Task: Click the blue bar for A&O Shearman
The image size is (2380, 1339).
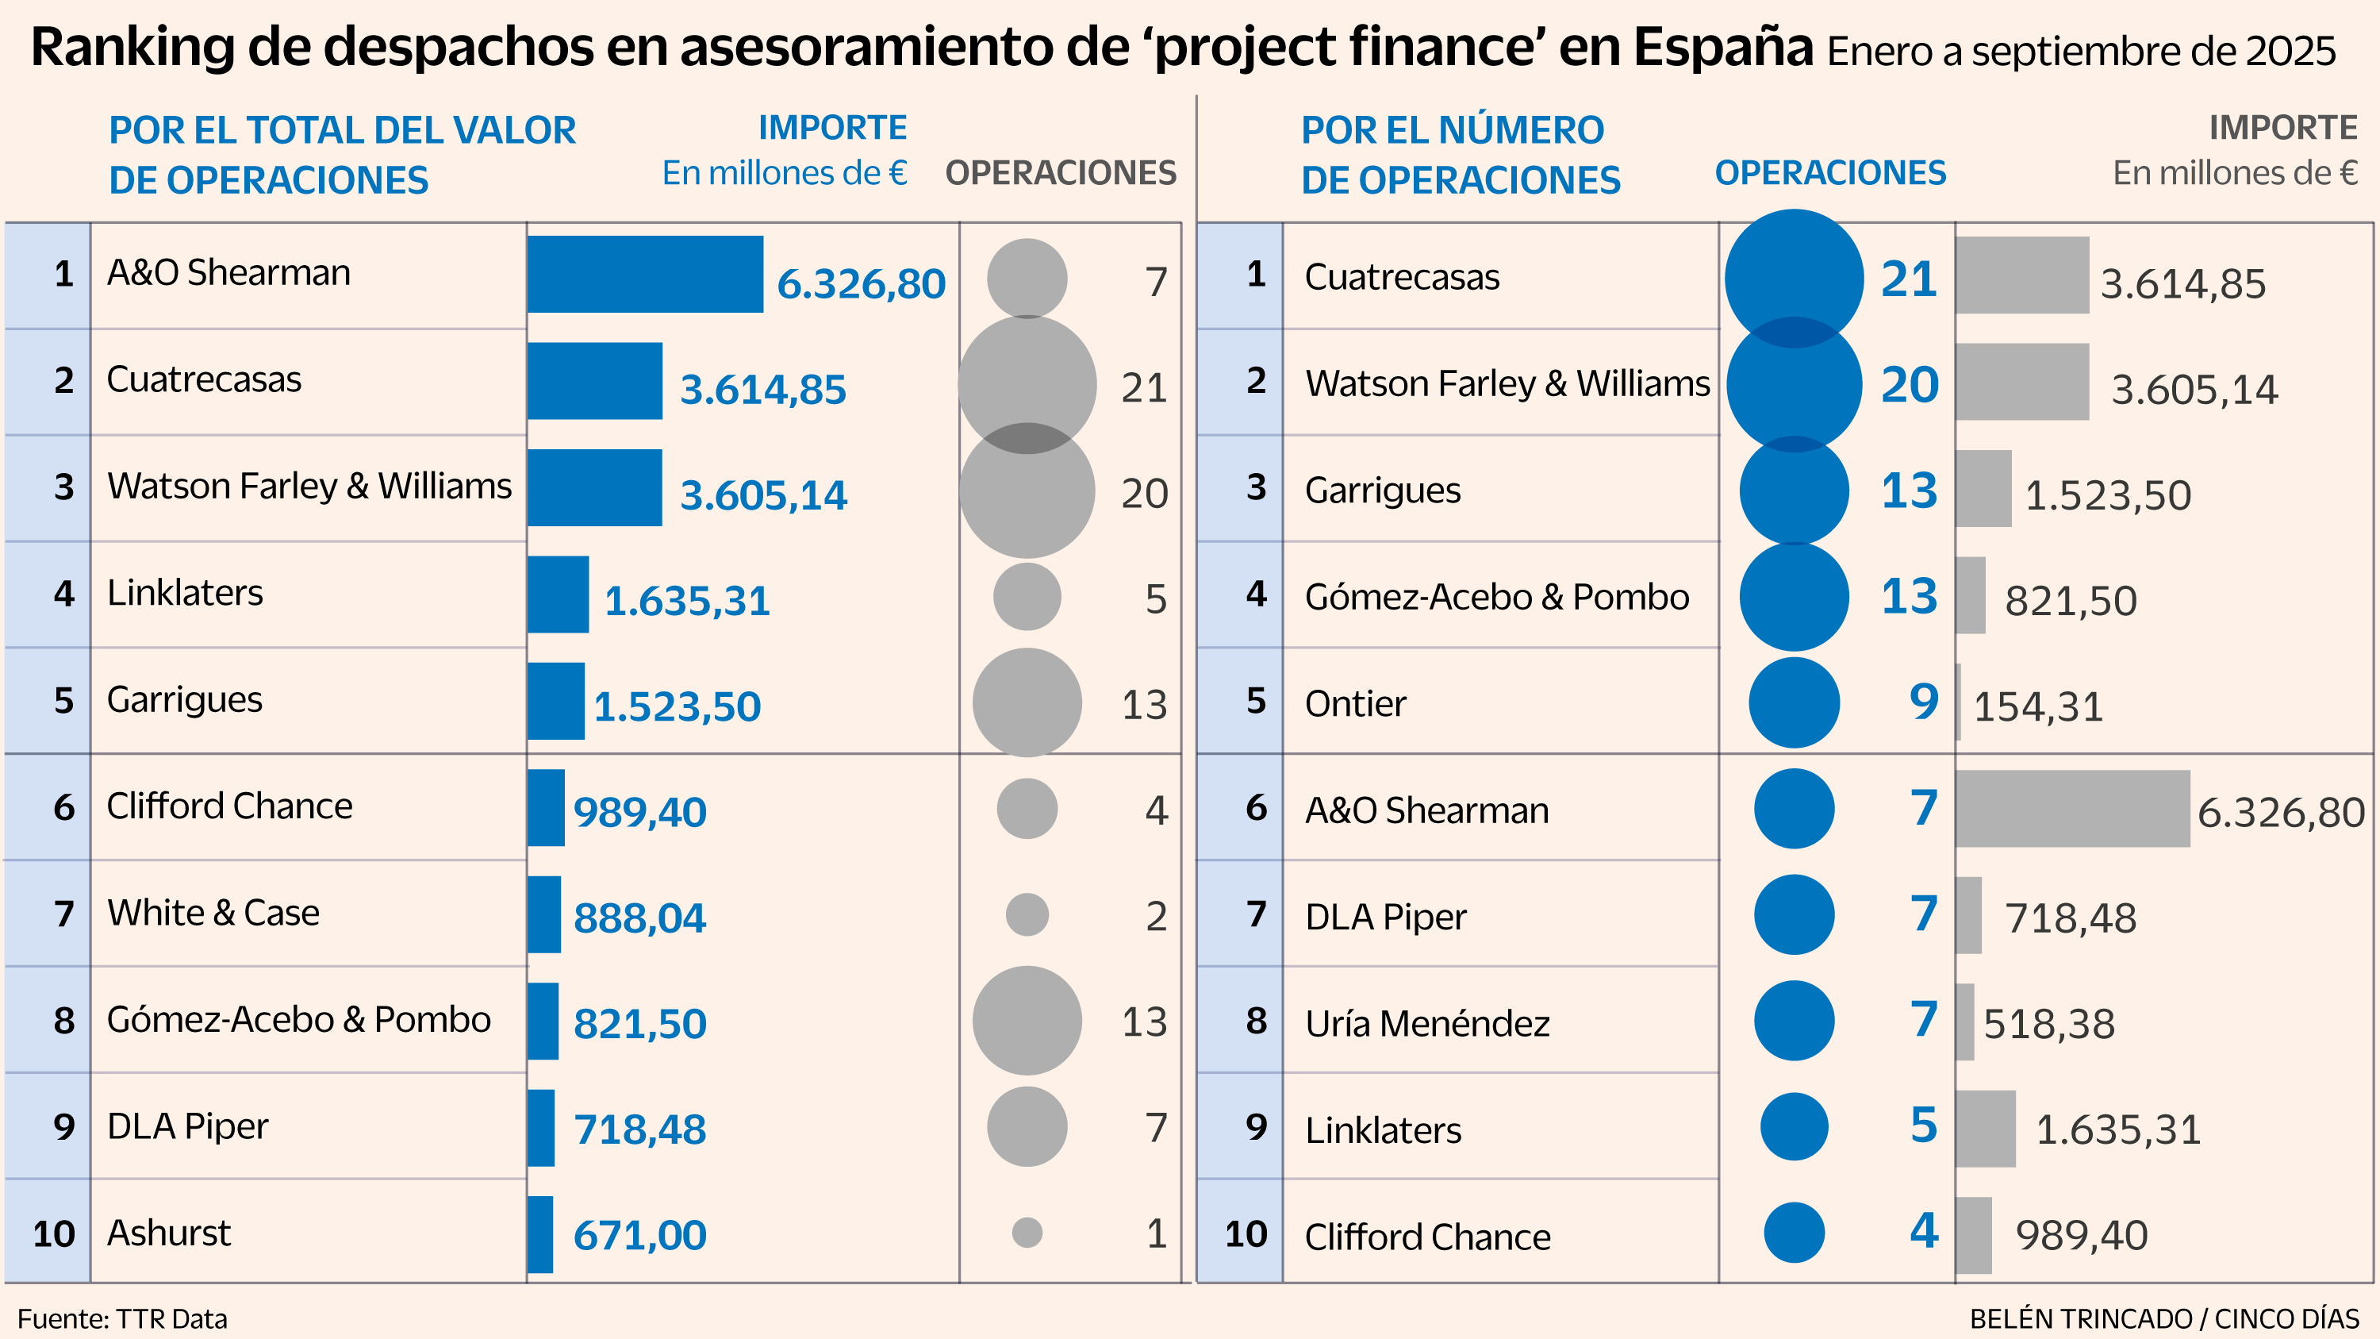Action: point(645,275)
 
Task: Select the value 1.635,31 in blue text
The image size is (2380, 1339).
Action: point(686,601)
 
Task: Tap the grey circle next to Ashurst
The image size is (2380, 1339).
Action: point(1027,1232)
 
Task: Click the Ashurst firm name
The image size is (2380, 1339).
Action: point(168,1233)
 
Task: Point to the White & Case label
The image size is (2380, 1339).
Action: point(213,913)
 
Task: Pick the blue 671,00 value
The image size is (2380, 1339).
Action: point(639,1236)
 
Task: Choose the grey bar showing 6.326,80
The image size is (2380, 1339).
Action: point(2071,809)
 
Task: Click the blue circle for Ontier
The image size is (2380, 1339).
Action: point(1793,702)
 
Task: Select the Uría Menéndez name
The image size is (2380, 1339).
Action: point(1426,1023)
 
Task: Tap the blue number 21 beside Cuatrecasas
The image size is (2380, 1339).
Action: point(1909,279)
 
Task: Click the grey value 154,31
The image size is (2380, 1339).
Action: point(2038,707)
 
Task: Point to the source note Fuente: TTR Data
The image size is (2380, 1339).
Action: point(122,1318)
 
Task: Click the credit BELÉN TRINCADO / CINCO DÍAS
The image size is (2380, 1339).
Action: point(2163,1318)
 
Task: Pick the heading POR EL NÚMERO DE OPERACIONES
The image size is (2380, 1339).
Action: point(1460,154)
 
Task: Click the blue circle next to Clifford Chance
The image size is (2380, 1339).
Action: point(1793,1232)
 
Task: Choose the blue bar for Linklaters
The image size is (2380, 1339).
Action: point(558,594)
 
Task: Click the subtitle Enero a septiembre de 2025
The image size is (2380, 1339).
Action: point(2081,52)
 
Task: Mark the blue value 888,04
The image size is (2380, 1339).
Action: point(639,918)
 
